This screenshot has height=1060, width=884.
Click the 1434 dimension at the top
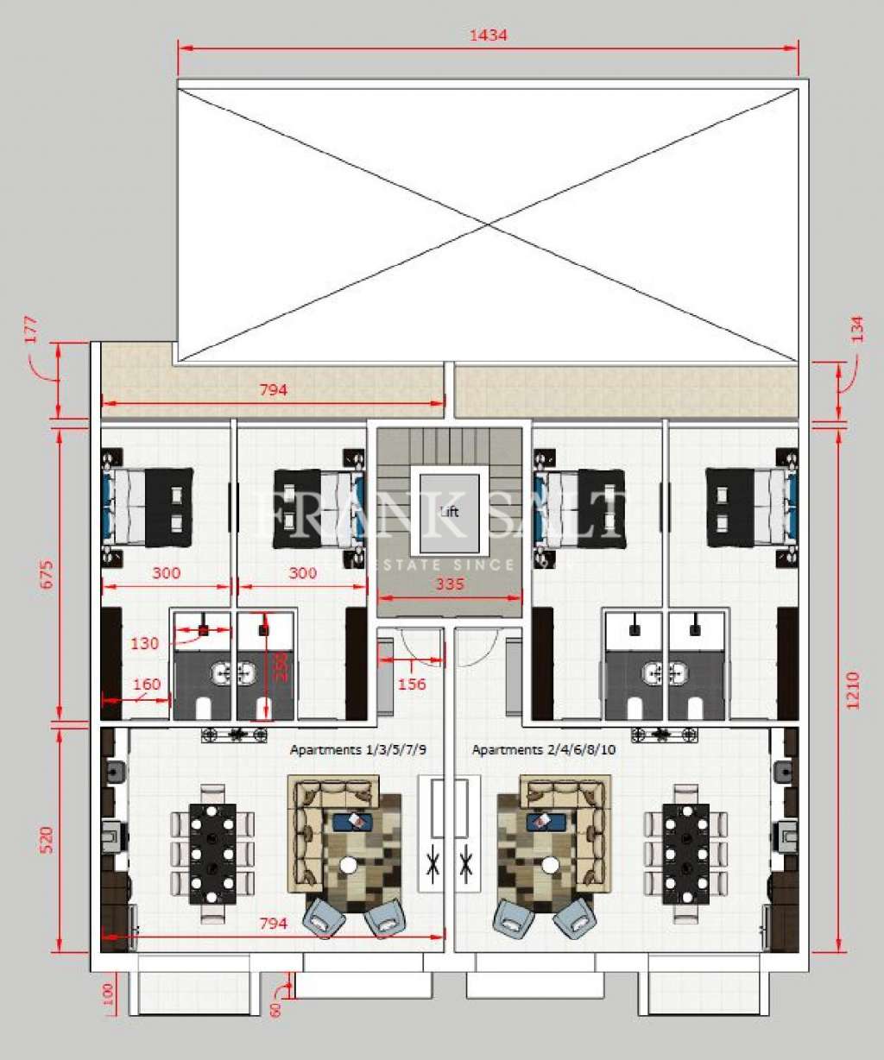488,35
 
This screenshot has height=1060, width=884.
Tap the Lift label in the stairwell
450,512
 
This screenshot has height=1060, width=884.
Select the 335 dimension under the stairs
450,584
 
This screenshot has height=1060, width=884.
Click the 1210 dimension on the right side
853,691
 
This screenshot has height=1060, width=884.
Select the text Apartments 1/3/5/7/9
358,750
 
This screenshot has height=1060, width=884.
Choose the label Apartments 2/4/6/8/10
544,750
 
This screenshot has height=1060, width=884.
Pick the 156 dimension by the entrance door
414,684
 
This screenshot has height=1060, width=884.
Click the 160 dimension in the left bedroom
147,685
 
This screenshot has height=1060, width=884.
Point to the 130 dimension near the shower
145,643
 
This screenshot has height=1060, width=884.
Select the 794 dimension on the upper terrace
273,390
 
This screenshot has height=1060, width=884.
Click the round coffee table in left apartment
349,864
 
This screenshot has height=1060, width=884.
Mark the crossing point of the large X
489,224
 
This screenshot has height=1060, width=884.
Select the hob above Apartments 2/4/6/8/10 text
664,735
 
